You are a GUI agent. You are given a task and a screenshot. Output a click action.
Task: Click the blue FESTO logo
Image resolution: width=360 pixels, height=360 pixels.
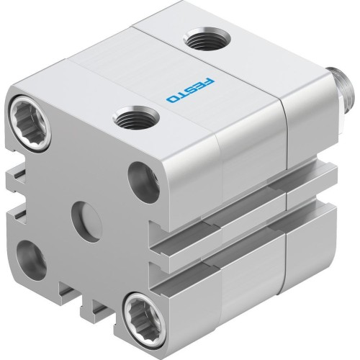(x=191, y=91)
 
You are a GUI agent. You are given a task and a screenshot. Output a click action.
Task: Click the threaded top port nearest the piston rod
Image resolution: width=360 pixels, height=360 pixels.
(x=207, y=39)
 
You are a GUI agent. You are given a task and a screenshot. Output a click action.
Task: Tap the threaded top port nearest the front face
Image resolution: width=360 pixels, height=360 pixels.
(x=137, y=117)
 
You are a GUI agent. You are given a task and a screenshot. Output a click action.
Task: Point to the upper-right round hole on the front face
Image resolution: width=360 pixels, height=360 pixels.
(x=143, y=182)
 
